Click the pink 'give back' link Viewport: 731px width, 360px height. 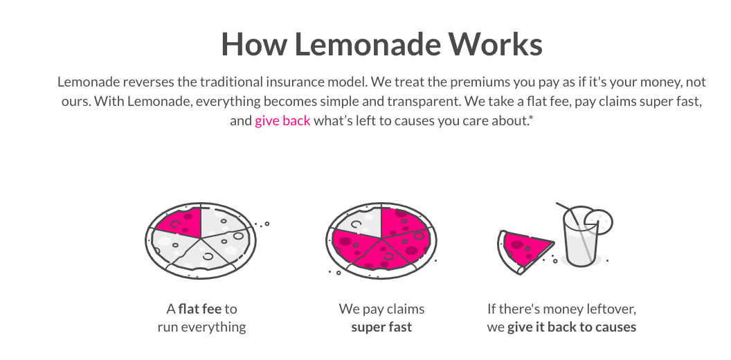click(x=282, y=121)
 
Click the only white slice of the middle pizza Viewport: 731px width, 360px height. click(x=355, y=223)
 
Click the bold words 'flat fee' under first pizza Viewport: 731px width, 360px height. click(x=199, y=309)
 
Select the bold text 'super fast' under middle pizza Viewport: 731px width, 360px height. click(x=381, y=327)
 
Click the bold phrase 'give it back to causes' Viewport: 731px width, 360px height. click(x=571, y=327)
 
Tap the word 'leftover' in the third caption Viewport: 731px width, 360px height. click(x=611, y=309)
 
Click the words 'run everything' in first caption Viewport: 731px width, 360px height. click(x=201, y=327)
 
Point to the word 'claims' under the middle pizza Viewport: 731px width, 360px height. click(x=404, y=309)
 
